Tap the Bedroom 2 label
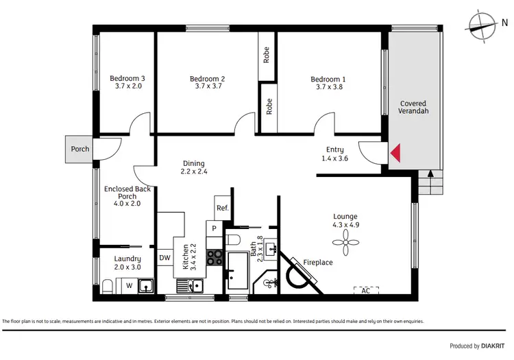pyautogui.click(x=207, y=83)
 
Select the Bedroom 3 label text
pyautogui.click(x=127, y=82)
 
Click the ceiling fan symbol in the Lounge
pyautogui.click(x=345, y=240)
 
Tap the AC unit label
pyautogui.click(x=365, y=291)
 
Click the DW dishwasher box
pyautogui.click(x=164, y=258)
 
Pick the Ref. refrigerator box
pyautogui.click(x=222, y=208)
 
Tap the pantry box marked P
pyautogui.click(x=214, y=228)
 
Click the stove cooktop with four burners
pyautogui.click(x=215, y=257)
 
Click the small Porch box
pyautogui.click(x=79, y=149)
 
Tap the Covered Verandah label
pyautogui.click(x=413, y=108)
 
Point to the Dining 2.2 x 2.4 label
pyautogui.click(x=193, y=167)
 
